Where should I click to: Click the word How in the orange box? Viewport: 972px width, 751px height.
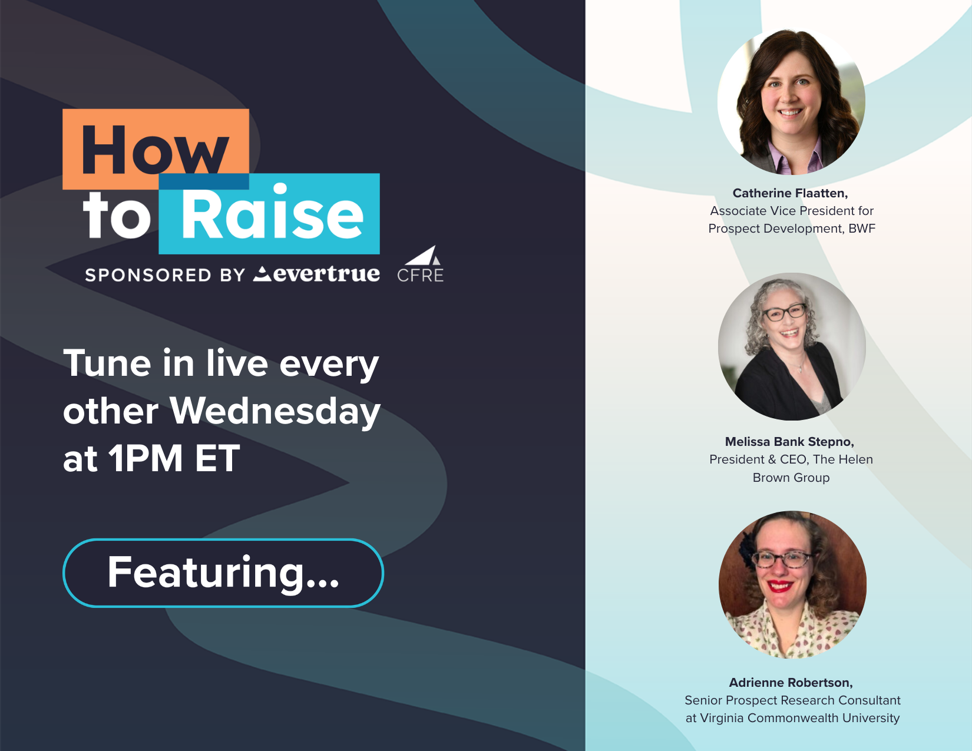click(155, 150)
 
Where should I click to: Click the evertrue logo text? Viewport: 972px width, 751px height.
click(317, 274)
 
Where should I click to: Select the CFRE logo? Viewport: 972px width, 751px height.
click(421, 264)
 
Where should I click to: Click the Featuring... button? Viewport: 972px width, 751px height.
click(223, 573)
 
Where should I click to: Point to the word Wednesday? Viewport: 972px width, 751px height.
click(275, 411)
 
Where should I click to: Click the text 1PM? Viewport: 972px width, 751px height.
click(146, 458)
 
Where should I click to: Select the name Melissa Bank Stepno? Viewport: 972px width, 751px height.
click(789, 442)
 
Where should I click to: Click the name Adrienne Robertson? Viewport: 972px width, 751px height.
click(791, 683)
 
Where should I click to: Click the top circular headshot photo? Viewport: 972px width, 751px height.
click(791, 101)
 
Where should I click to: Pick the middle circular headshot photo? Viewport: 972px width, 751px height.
click(792, 347)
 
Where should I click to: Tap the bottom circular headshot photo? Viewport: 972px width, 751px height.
click(792, 585)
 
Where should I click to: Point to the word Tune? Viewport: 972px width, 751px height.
click(107, 363)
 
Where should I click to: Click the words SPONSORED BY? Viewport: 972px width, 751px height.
click(165, 275)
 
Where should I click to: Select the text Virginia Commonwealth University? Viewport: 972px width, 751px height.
click(800, 718)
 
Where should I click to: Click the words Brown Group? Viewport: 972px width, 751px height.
click(791, 478)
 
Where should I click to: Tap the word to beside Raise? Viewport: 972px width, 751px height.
click(117, 216)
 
